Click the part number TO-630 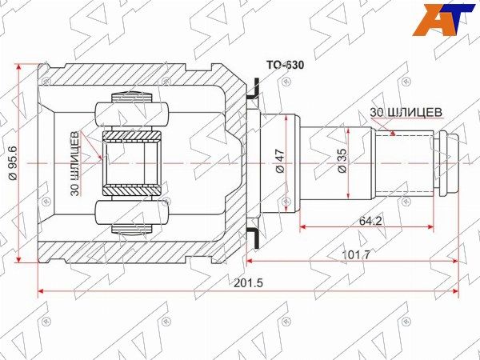[x=285, y=65]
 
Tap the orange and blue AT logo [x=443, y=19]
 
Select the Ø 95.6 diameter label [x=12, y=163]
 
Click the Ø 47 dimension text [x=281, y=161]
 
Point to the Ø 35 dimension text [x=342, y=161]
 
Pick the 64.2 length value [x=370, y=221]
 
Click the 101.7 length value [x=355, y=254]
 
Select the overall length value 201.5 [x=248, y=283]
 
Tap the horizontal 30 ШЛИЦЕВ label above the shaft [x=406, y=112]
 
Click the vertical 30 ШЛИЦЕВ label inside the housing [x=75, y=163]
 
